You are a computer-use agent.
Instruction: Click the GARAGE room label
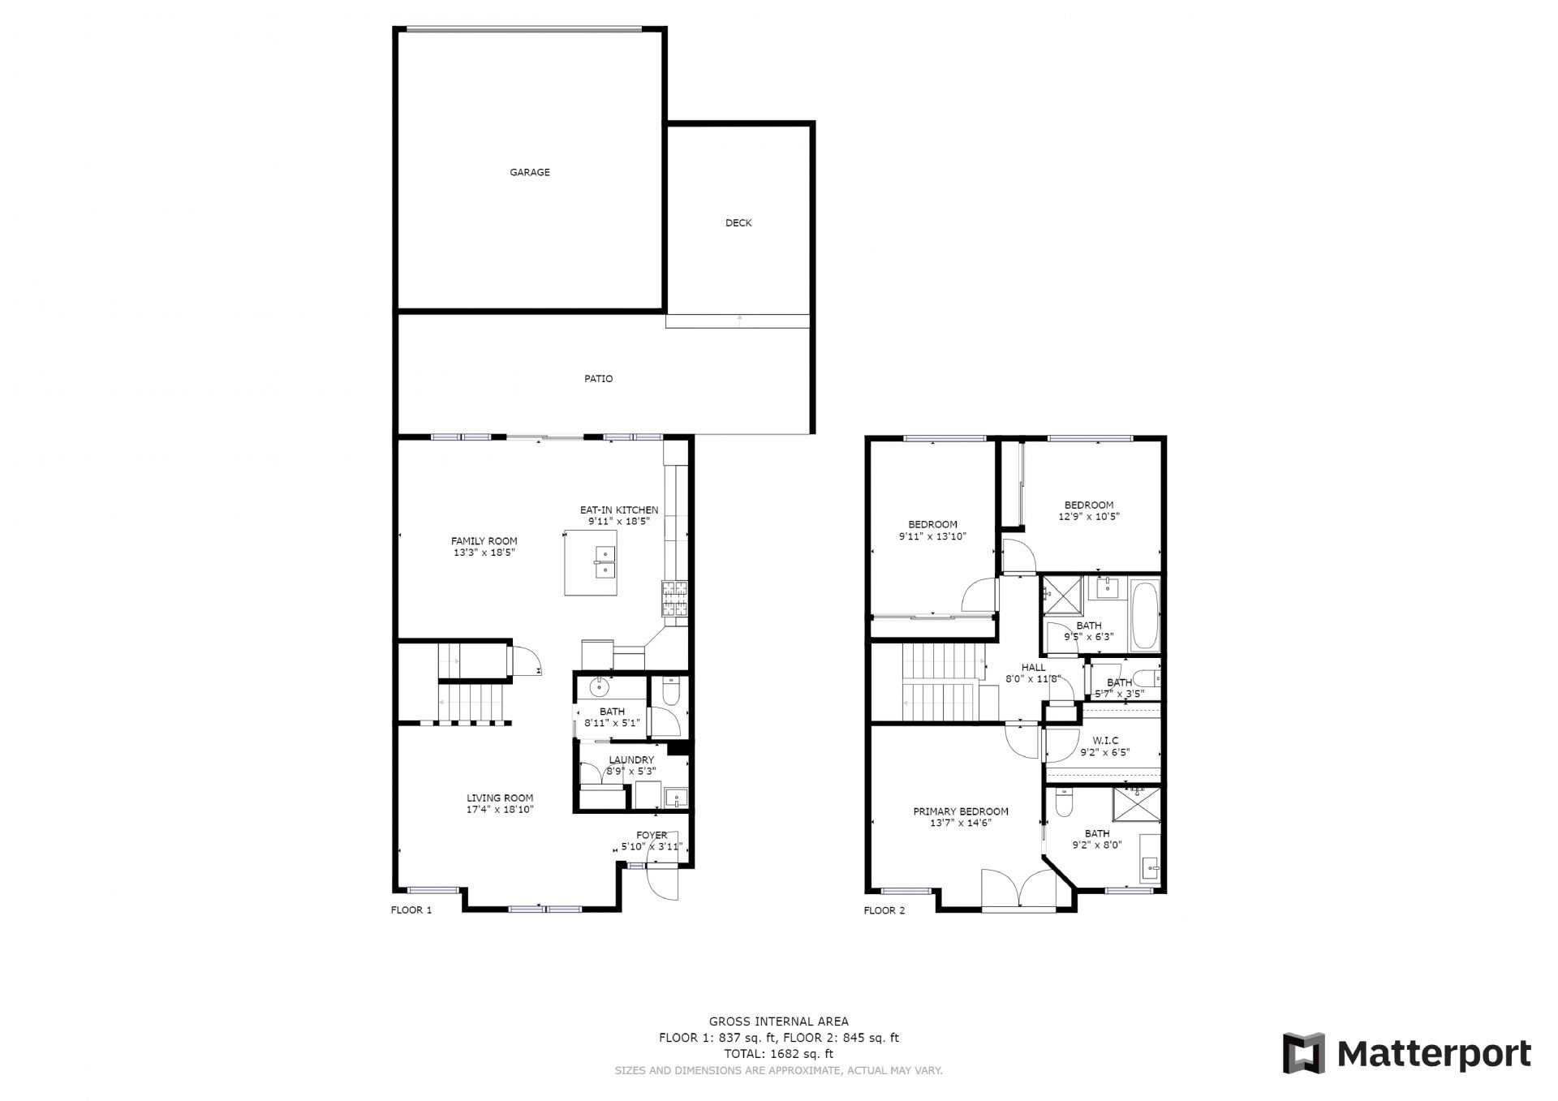pos(530,172)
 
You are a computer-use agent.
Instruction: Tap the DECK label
pos(738,222)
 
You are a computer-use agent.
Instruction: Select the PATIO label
pos(599,379)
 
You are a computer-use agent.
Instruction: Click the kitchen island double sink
pos(605,562)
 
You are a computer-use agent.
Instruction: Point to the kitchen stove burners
pos(674,600)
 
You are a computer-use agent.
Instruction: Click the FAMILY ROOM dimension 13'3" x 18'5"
pos(484,553)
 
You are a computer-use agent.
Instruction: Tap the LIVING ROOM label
pos(500,798)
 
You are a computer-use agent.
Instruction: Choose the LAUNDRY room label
pos(631,760)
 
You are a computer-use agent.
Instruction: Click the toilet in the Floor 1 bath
pos(671,690)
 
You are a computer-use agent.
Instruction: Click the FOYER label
pos(652,835)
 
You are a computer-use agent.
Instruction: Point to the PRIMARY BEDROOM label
pos(961,811)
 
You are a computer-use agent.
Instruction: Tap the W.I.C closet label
pos(1105,741)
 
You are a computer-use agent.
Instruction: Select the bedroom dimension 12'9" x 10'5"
pos(1089,516)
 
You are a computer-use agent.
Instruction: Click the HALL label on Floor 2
pos(1034,668)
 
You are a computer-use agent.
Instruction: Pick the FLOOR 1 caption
pos(411,910)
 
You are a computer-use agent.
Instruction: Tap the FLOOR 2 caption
pos(884,910)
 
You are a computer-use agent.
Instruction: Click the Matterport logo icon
pos(1303,1053)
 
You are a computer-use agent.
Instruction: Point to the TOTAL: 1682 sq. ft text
pos(778,1054)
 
